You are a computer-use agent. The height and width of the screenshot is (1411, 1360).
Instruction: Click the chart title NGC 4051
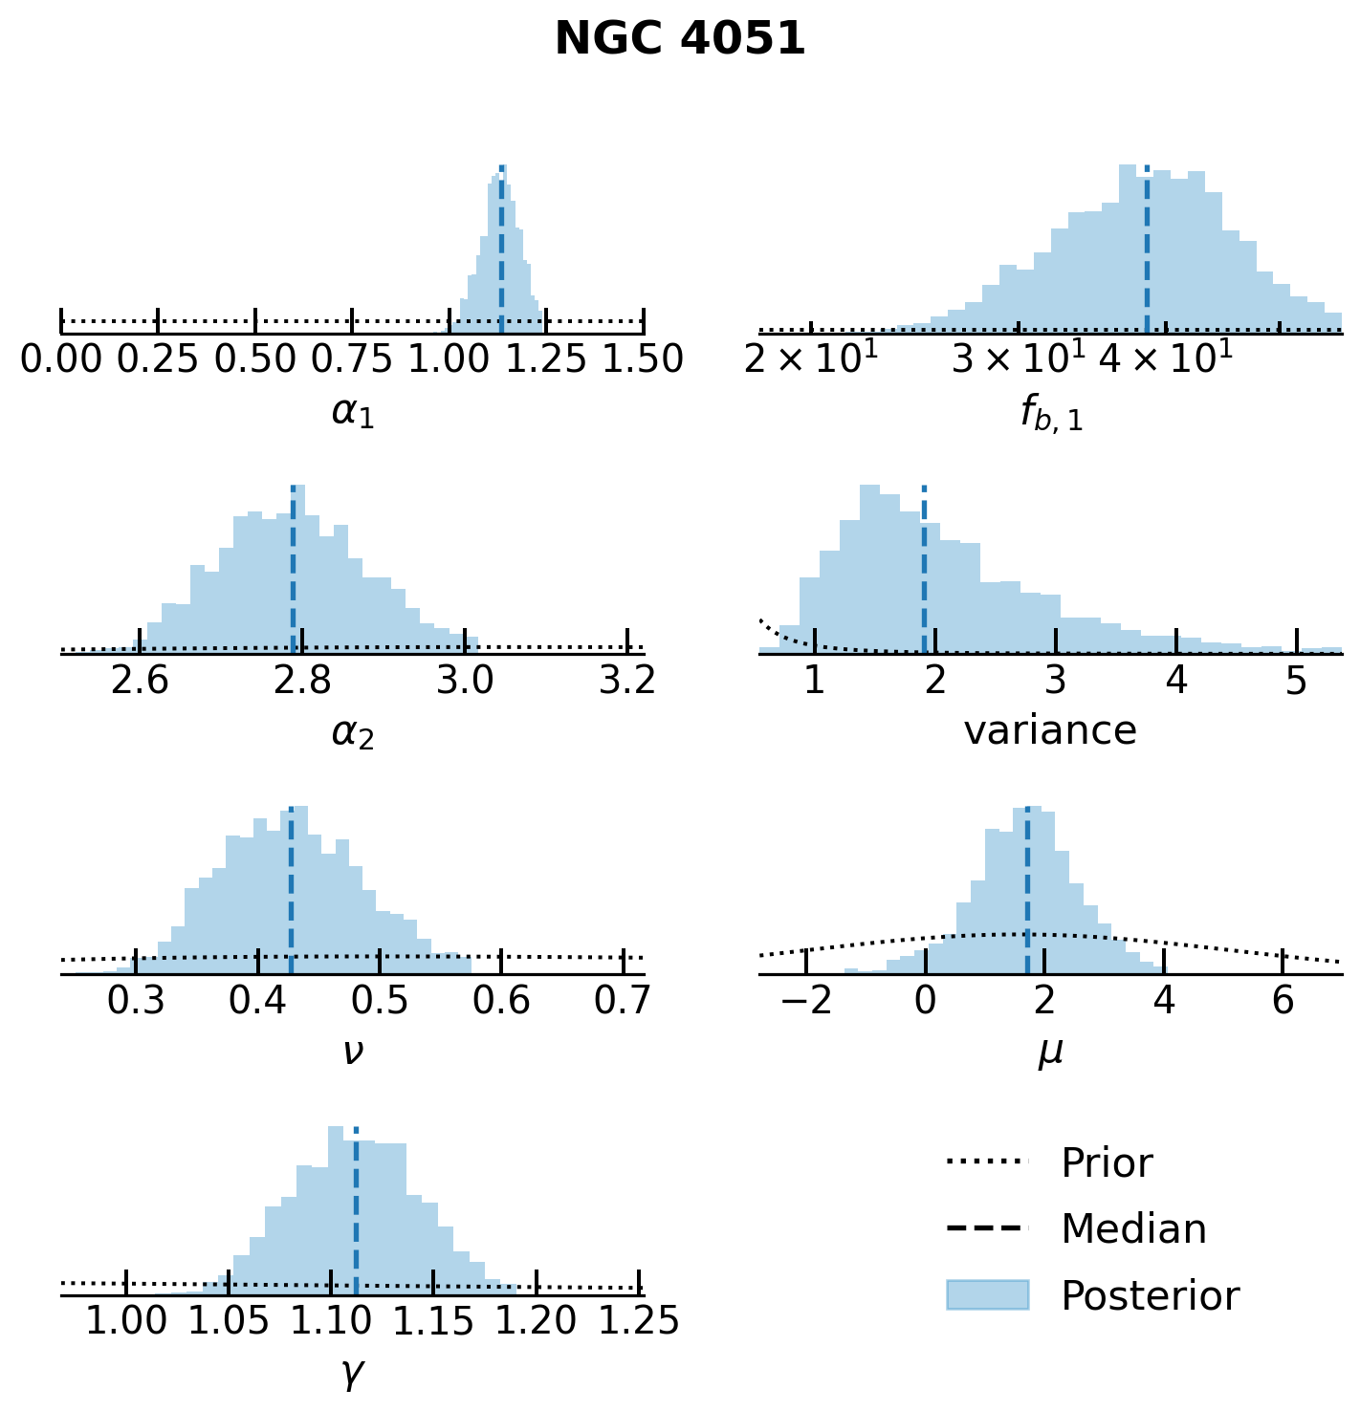pos(680,40)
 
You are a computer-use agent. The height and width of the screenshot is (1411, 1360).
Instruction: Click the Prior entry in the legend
pos(1107,1163)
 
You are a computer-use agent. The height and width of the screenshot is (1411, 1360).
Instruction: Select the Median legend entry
pos(1133,1229)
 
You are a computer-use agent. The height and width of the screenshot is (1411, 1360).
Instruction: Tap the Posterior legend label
pos(1150,1296)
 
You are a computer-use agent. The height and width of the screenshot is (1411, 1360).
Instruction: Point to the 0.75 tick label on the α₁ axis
pos(352,359)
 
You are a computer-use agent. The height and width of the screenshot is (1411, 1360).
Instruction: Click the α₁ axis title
pos(352,412)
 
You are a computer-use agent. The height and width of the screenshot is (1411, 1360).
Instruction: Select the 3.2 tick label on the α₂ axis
pos(627,680)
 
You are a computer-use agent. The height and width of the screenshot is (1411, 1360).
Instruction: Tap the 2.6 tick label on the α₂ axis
pos(141,680)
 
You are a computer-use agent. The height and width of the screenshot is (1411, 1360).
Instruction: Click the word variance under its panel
pos(1050,731)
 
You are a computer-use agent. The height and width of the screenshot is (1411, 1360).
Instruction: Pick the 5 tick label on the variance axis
pos(1296,680)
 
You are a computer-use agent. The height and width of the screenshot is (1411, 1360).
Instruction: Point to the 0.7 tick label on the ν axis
pos(623,1000)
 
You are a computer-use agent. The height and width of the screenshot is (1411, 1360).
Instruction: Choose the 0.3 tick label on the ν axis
pos(137,1000)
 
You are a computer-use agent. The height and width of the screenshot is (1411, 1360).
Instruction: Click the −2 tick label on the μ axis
pos(806,1000)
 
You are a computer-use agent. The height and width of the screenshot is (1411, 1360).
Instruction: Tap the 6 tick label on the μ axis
pos(1283,1000)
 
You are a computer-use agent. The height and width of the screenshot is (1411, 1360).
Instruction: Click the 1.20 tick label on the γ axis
pos(537,1321)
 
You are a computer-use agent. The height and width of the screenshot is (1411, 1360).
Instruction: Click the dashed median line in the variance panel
pos(924,574)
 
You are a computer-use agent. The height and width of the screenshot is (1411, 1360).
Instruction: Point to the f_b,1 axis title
pos(1050,414)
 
